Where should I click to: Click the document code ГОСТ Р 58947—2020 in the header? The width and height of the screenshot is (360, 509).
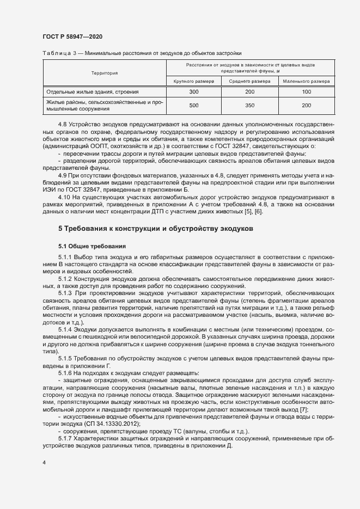tap(72, 36)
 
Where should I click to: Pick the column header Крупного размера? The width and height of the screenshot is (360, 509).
tap(193, 81)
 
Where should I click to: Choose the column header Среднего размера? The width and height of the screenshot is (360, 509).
tap(250, 81)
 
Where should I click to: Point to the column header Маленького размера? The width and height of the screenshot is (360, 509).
tap(306, 81)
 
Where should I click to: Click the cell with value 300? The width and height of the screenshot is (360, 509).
tap(193, 92)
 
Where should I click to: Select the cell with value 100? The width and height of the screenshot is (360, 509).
tap(306, 92)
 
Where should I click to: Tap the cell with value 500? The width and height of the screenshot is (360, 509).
tap(193, 106)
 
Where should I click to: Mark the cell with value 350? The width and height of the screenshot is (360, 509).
tap(250, 106)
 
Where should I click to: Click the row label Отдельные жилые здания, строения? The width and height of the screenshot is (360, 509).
tap(93, 92)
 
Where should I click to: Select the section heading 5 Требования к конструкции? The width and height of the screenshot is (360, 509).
tap(155, 229)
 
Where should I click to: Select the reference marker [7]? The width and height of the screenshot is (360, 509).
tap(304, 409)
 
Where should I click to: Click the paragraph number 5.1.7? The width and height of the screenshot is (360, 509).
tap(65, 438)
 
